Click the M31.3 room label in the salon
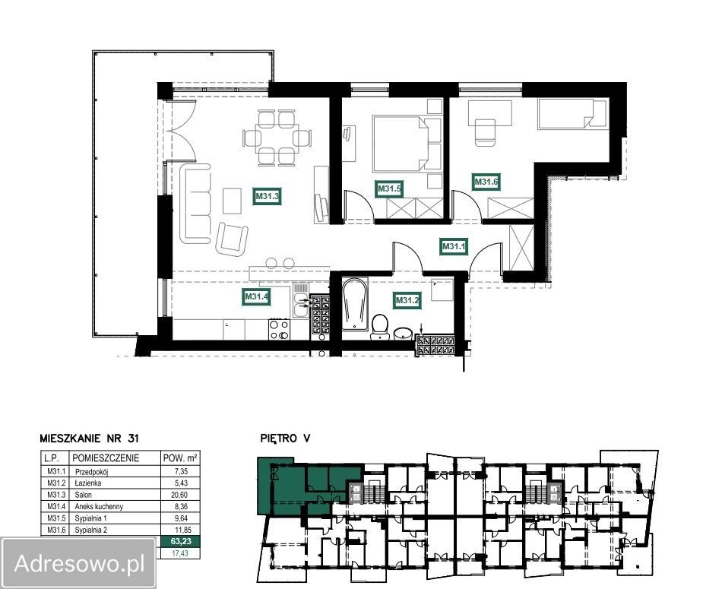point(267,196)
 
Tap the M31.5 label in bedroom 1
point(388,188)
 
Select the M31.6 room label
point(486,182)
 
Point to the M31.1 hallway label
point(454,246)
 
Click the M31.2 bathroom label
point(407,300)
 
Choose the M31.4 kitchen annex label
point(256,296)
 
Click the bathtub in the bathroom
point(355,304)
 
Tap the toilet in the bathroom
point(380,327)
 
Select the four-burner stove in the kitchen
point(278,330)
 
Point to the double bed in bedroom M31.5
point(401,144)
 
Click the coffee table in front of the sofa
point(233,201)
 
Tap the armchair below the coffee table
point(232,239)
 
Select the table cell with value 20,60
point(180,495)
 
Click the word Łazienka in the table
point(88,483)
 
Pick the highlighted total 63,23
point(181,541)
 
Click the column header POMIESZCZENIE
point(106,458)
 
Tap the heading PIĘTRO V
point(285,439)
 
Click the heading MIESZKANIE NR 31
point(90,439)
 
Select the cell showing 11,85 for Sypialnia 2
point(180,530)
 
